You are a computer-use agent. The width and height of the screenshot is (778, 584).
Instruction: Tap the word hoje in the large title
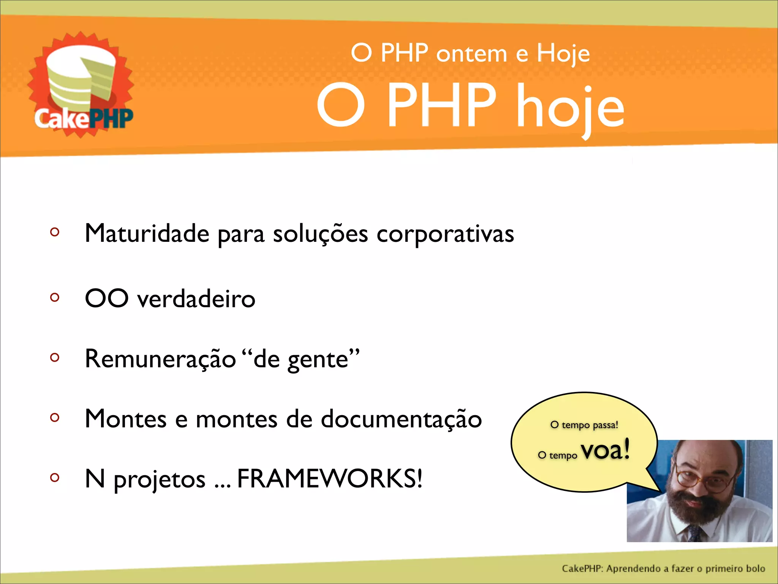click(x=571, y=107)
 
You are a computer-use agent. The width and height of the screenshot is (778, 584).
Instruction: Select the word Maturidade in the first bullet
click(x=147, y=233)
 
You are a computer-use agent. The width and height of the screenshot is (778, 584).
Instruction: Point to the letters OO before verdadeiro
click(x=107, y=298)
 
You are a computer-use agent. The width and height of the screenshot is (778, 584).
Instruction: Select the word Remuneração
click(x=160, y=359)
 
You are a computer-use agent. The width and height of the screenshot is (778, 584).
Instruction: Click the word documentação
click(x=401, y=419)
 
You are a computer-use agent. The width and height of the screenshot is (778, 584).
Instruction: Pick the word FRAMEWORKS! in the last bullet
click(x=329, y=478)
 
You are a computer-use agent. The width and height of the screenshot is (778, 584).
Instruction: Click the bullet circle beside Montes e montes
click(x=55, y=417)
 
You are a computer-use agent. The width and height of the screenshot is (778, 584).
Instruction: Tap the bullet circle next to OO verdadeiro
click(x=55, y=297)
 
